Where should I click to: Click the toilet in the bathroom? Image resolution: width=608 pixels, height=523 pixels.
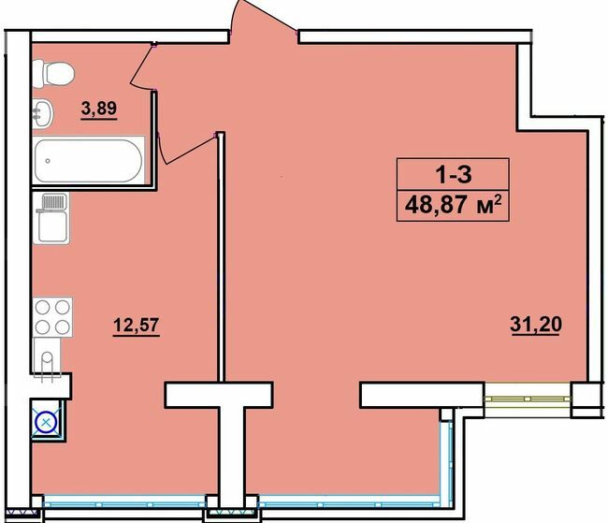click(x=52, y=71)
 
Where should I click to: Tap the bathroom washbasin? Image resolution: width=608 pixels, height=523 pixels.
click(x=43, y=113)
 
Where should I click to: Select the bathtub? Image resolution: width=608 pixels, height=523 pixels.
click(x=89, y=160)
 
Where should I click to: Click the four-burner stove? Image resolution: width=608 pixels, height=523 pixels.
click(x=53, y=315)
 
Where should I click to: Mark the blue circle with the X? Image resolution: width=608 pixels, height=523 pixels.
click(x=46, y=420)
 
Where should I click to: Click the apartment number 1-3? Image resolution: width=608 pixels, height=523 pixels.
click(x=453, y=174)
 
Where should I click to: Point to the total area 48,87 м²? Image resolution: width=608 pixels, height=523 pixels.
click(x=453, y=203)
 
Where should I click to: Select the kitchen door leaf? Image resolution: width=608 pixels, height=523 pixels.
click(x=187, y=150)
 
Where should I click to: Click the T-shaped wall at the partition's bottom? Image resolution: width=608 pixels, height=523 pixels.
click(x=220, y=412)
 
